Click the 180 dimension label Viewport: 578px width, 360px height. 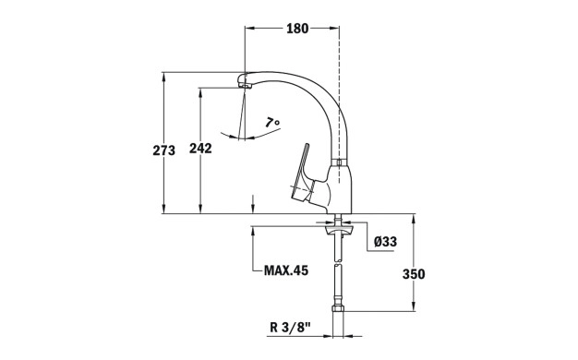coord(297,29)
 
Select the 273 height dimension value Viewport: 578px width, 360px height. coord(164,150)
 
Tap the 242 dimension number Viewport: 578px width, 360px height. coord(200,149)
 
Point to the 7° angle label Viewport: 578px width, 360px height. coord(272,122)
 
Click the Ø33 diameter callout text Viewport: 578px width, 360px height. coord(385,242)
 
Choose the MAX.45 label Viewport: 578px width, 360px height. coord(286,270)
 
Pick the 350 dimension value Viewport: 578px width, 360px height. coord(414,274)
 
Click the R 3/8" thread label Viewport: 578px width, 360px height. coord(291,327)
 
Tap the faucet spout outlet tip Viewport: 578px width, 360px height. coord(244,86)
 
